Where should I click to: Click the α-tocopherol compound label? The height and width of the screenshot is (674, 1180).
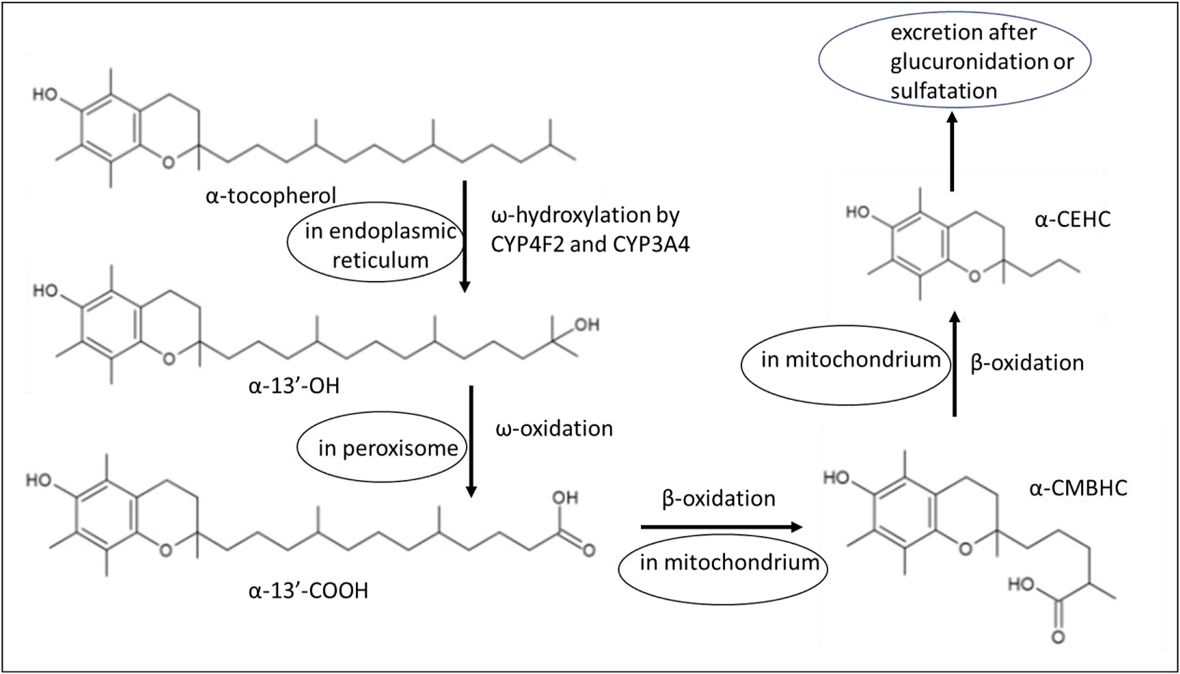(x=271, y=196)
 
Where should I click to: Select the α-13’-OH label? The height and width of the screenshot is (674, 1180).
(x=294, y=387)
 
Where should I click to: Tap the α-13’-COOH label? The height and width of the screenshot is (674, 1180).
(x=308, y=591)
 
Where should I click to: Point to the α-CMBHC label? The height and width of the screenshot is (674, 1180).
(x=1077, y=488)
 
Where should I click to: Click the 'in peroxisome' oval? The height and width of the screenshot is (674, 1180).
(x=383, y=448)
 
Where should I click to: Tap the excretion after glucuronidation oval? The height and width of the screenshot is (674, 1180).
(x=955, y=61)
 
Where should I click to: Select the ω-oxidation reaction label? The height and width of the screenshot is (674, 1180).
(x=554, y=428)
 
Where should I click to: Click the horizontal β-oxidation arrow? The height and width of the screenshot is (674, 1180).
(x=720, y=527)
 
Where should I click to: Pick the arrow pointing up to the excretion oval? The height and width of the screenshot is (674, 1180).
(x=952, y=151)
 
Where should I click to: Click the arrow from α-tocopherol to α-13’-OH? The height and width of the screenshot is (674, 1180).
(x=464, y=236)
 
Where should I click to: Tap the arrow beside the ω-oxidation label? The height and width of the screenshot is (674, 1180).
(x=471, y=441)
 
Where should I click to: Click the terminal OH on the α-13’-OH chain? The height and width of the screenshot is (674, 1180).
(x=586, y=325)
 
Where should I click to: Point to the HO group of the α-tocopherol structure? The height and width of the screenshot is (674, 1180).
(x=45, y=94)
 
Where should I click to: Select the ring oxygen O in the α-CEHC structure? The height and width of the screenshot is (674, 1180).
(x=973, y=275)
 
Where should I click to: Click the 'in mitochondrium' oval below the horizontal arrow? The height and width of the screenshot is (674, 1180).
(x=722, y=563)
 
